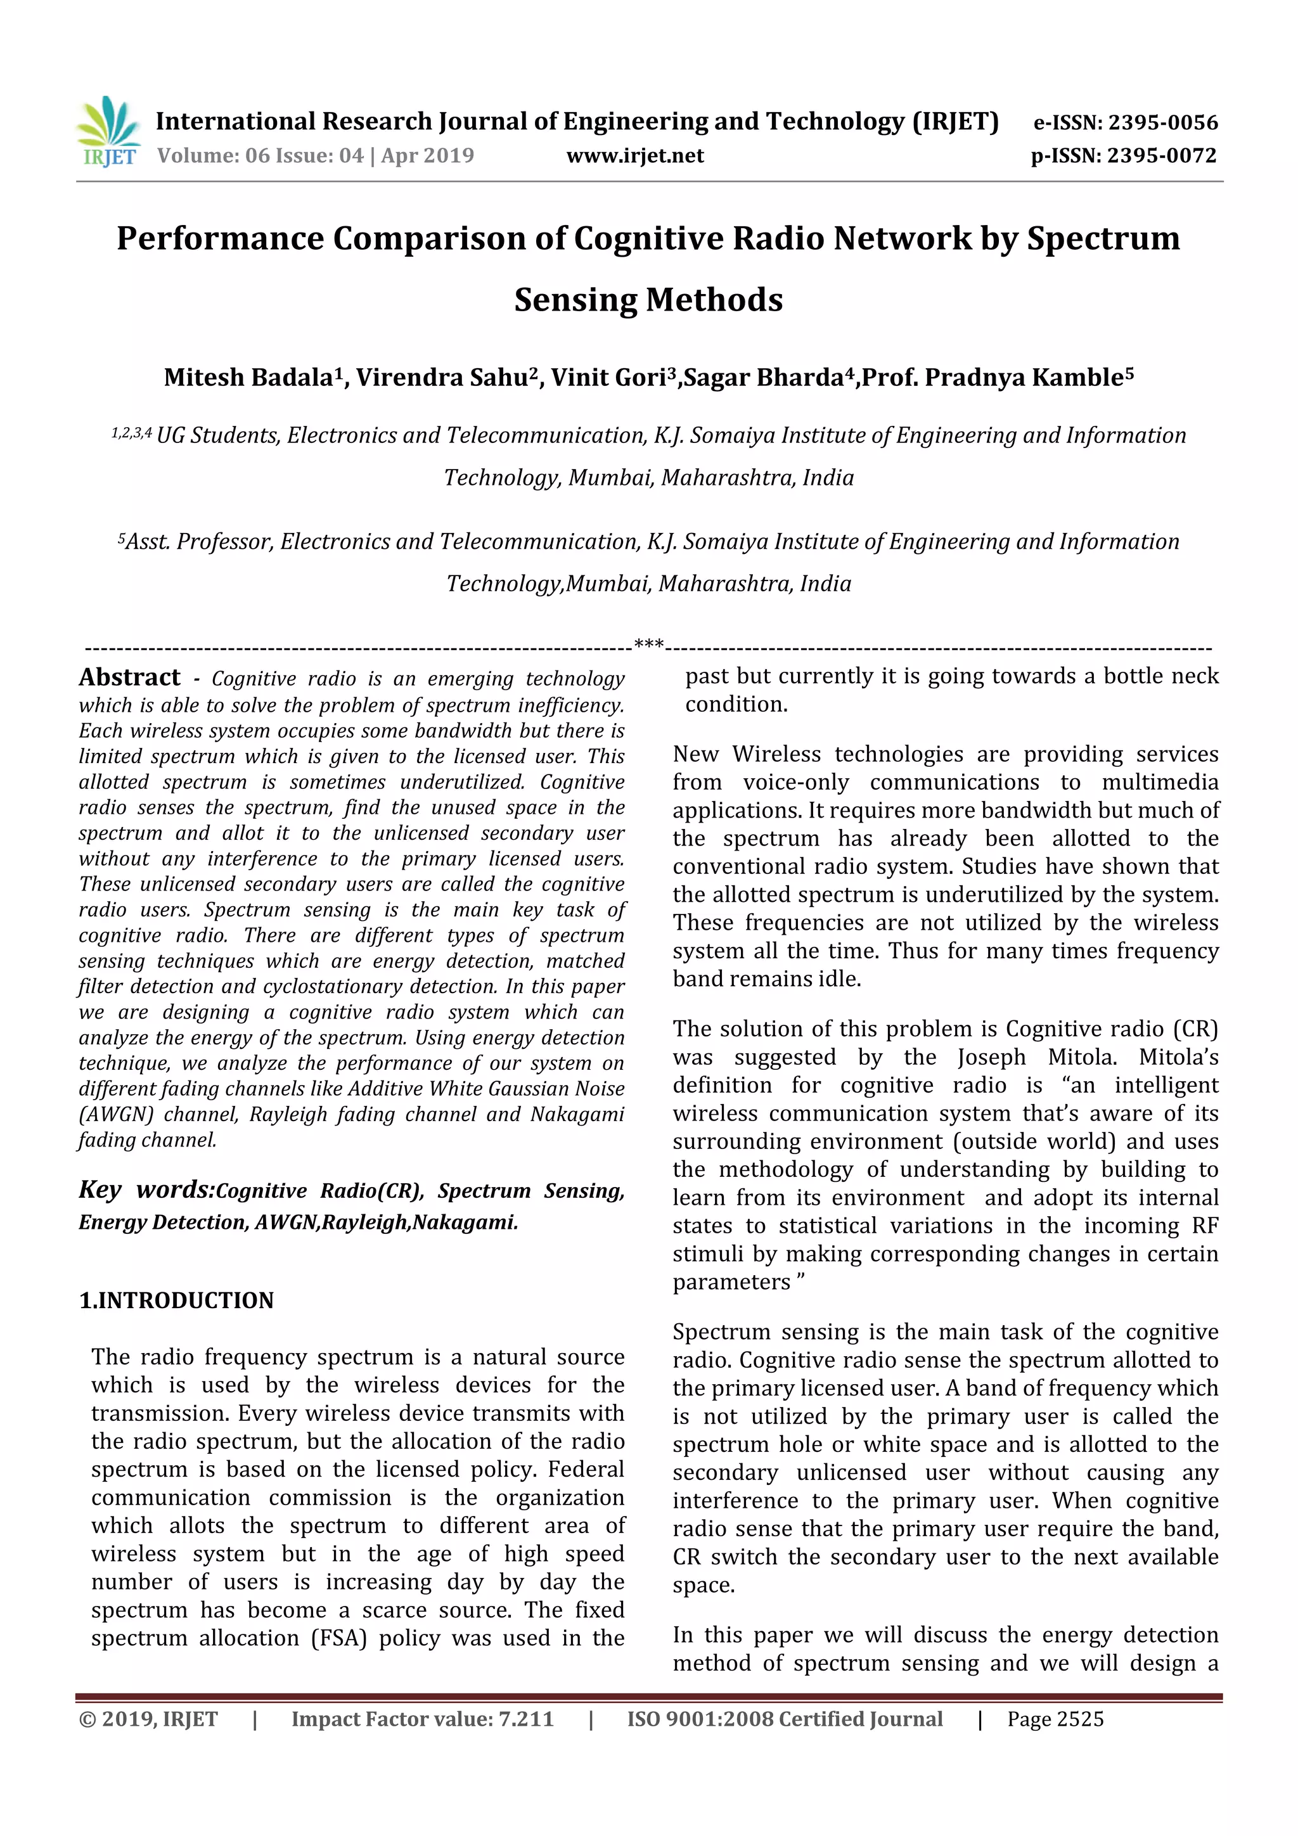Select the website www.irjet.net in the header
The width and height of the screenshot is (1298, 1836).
tap(635, 156)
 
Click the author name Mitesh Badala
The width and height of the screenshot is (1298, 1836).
tap(248, 378)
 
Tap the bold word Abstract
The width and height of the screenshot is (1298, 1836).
tap(129, 677)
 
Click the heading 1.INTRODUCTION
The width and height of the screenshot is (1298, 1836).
tap(176, 1300)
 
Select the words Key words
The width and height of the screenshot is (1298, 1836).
tap(146, 1190)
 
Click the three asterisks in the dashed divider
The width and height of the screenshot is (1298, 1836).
tap(648, 645)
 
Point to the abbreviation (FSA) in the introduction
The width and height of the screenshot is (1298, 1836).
tap(338, 1638)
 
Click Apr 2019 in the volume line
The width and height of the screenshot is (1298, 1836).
tap(427, 156)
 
